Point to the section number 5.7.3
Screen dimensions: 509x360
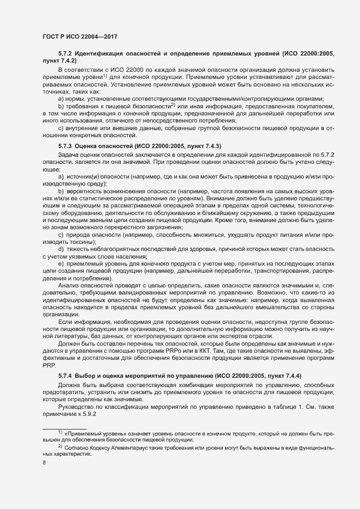[x=65, y=146]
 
